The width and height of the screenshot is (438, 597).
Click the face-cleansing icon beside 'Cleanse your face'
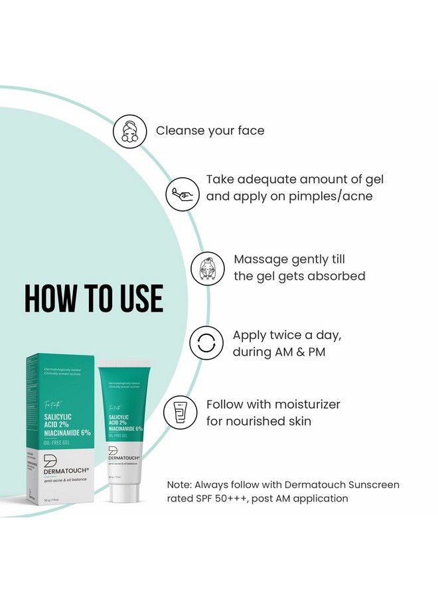pyautogui.click(x=130, y=131)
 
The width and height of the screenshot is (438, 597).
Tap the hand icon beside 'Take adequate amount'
pyautogui.click(x=183, y=194)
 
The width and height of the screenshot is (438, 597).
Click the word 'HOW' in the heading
pyautogui.click(x=52, y=299)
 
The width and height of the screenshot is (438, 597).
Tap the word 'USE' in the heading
pyautogui.click(x=138, y=299)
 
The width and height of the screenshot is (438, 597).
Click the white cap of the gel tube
pyautogui.click(x=124, y=492)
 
